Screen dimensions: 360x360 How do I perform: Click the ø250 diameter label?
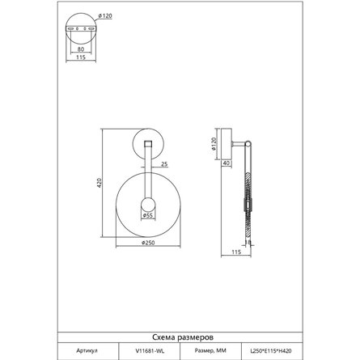pyautogui.click(x=148, y=243)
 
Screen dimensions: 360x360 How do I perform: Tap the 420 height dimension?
pyautogui.click(x=100, y=183)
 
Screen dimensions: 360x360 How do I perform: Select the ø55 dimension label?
pyautogui.click(x=148, y=215)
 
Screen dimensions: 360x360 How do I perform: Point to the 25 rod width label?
pyautogui.click(x=164, y=163)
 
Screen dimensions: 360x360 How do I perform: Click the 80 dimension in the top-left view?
pyautogui.click(x=81, y=49)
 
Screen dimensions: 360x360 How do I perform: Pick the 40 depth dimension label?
pyautogui.click(x=227, y=163)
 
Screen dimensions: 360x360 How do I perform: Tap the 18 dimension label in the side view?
pyautogui.click(x=248, y=242)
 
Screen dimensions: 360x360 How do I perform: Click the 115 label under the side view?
pyautogui.click(x=236, y=252)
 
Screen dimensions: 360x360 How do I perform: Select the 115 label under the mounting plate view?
pyautogui.click(x=81, y=57)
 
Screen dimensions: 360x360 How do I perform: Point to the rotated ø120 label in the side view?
pyautogui.click(x=214, y=143)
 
